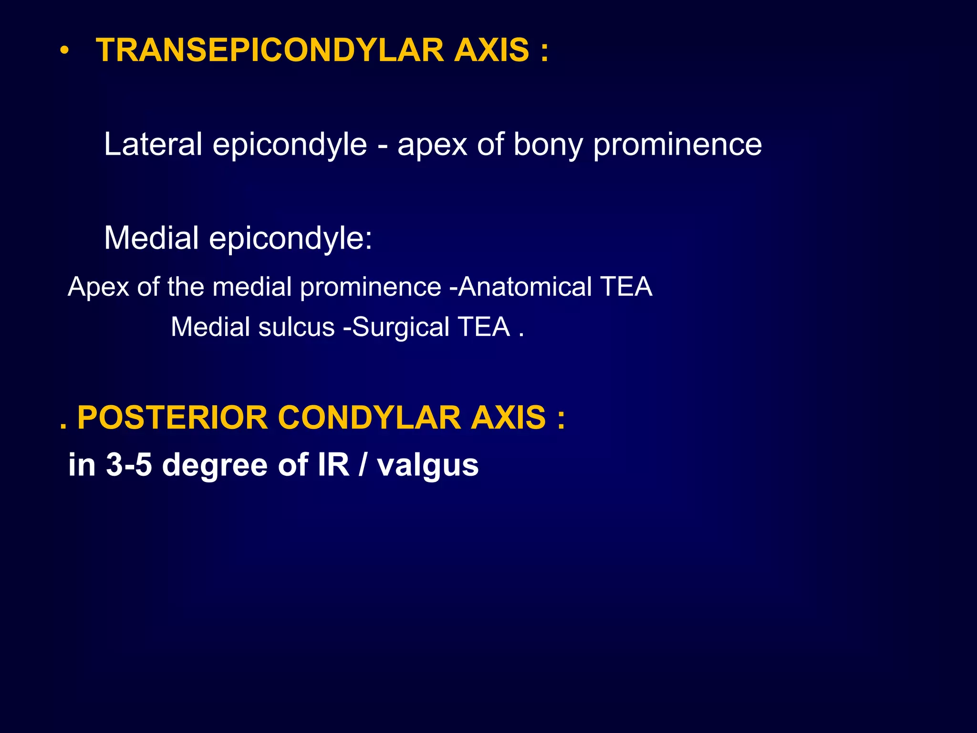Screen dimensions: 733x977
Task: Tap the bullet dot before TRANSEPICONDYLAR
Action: pyautogui.click(x=65, y=51)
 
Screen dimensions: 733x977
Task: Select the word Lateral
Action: pyautogui.click(x=153, y=144)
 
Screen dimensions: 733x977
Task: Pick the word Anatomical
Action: pyautogui.click(x=525, y=287)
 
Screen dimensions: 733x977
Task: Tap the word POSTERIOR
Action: pyautogui.click(x=172, y=418)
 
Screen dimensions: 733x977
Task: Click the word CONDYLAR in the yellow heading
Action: pyautogui.click(x=370, y=418)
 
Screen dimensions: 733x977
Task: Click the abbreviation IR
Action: pyautogui.click(x=333, y=464)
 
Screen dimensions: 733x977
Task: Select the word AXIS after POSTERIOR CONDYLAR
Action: pyautogui.click(x=508, y=418)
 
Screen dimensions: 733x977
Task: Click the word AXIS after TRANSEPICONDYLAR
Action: pyautogui.click(x=491, y=50)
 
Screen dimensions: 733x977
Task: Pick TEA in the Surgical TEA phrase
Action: pyautogui.click(x=484, y=327)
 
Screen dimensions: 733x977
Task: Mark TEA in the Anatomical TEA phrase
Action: pyautogui.click(x=626, y=287)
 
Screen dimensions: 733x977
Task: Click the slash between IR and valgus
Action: pyautogui.click(x=363, y=464)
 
